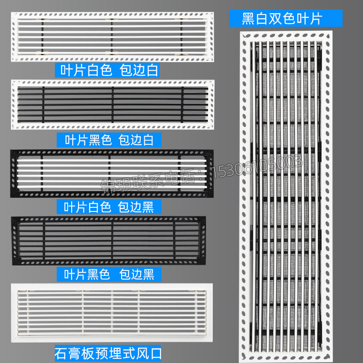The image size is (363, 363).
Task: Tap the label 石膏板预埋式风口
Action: pos(108,352)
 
